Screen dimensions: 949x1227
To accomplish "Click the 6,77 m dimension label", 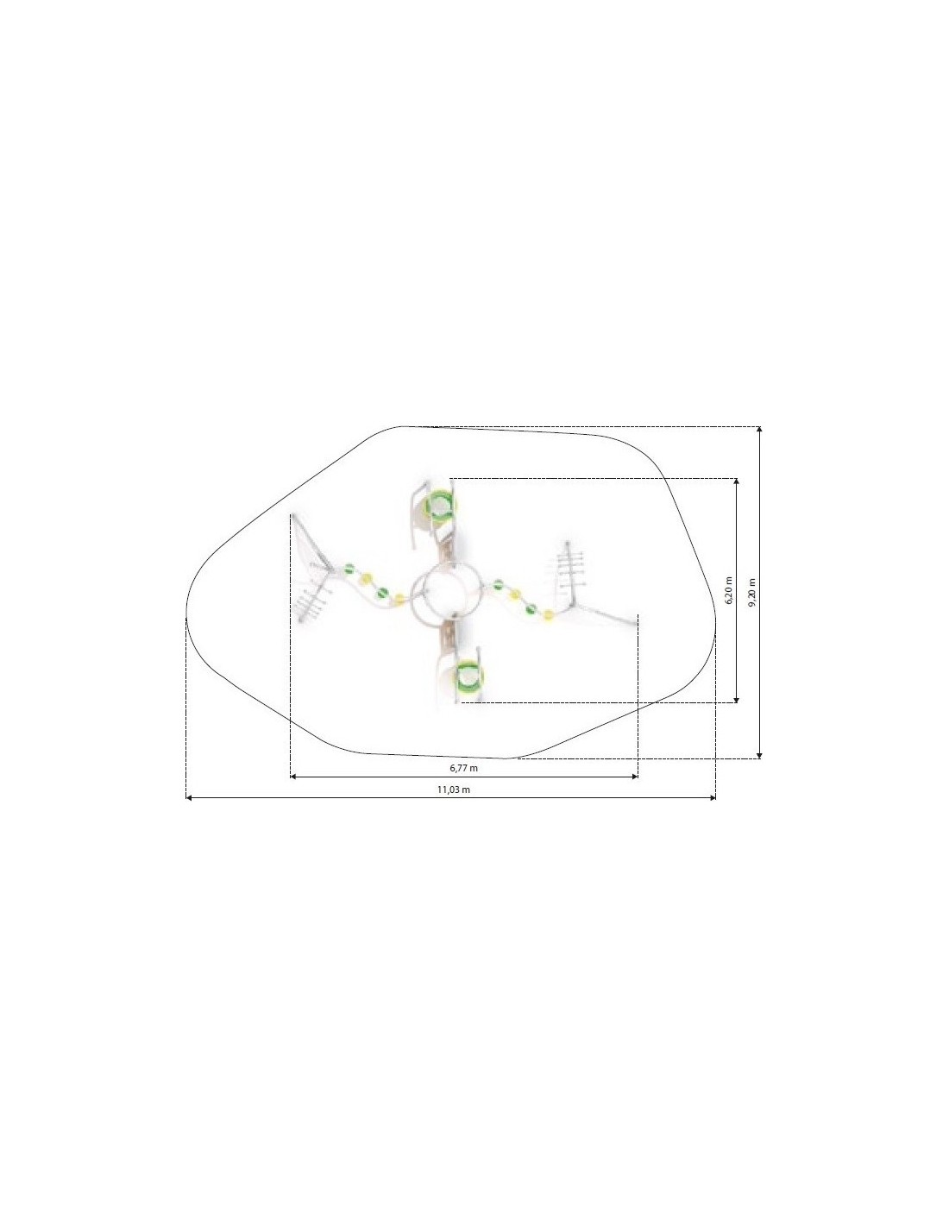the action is coord(463,768).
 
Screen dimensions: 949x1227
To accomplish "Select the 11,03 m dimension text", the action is coord(453,790).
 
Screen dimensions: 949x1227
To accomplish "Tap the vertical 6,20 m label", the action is coord(728,590).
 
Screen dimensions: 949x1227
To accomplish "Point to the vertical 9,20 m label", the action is coord(751,592).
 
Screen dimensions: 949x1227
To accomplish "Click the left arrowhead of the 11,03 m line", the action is coord(189,798).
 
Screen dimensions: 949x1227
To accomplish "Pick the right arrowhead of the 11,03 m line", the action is coord(713,798).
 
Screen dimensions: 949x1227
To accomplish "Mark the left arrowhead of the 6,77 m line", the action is coord(293,777).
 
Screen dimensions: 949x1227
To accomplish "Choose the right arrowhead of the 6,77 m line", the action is coord(634,777).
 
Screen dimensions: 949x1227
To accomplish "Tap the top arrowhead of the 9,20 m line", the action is coord(759,431).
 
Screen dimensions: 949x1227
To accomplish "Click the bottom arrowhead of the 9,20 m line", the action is coord(759,755).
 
